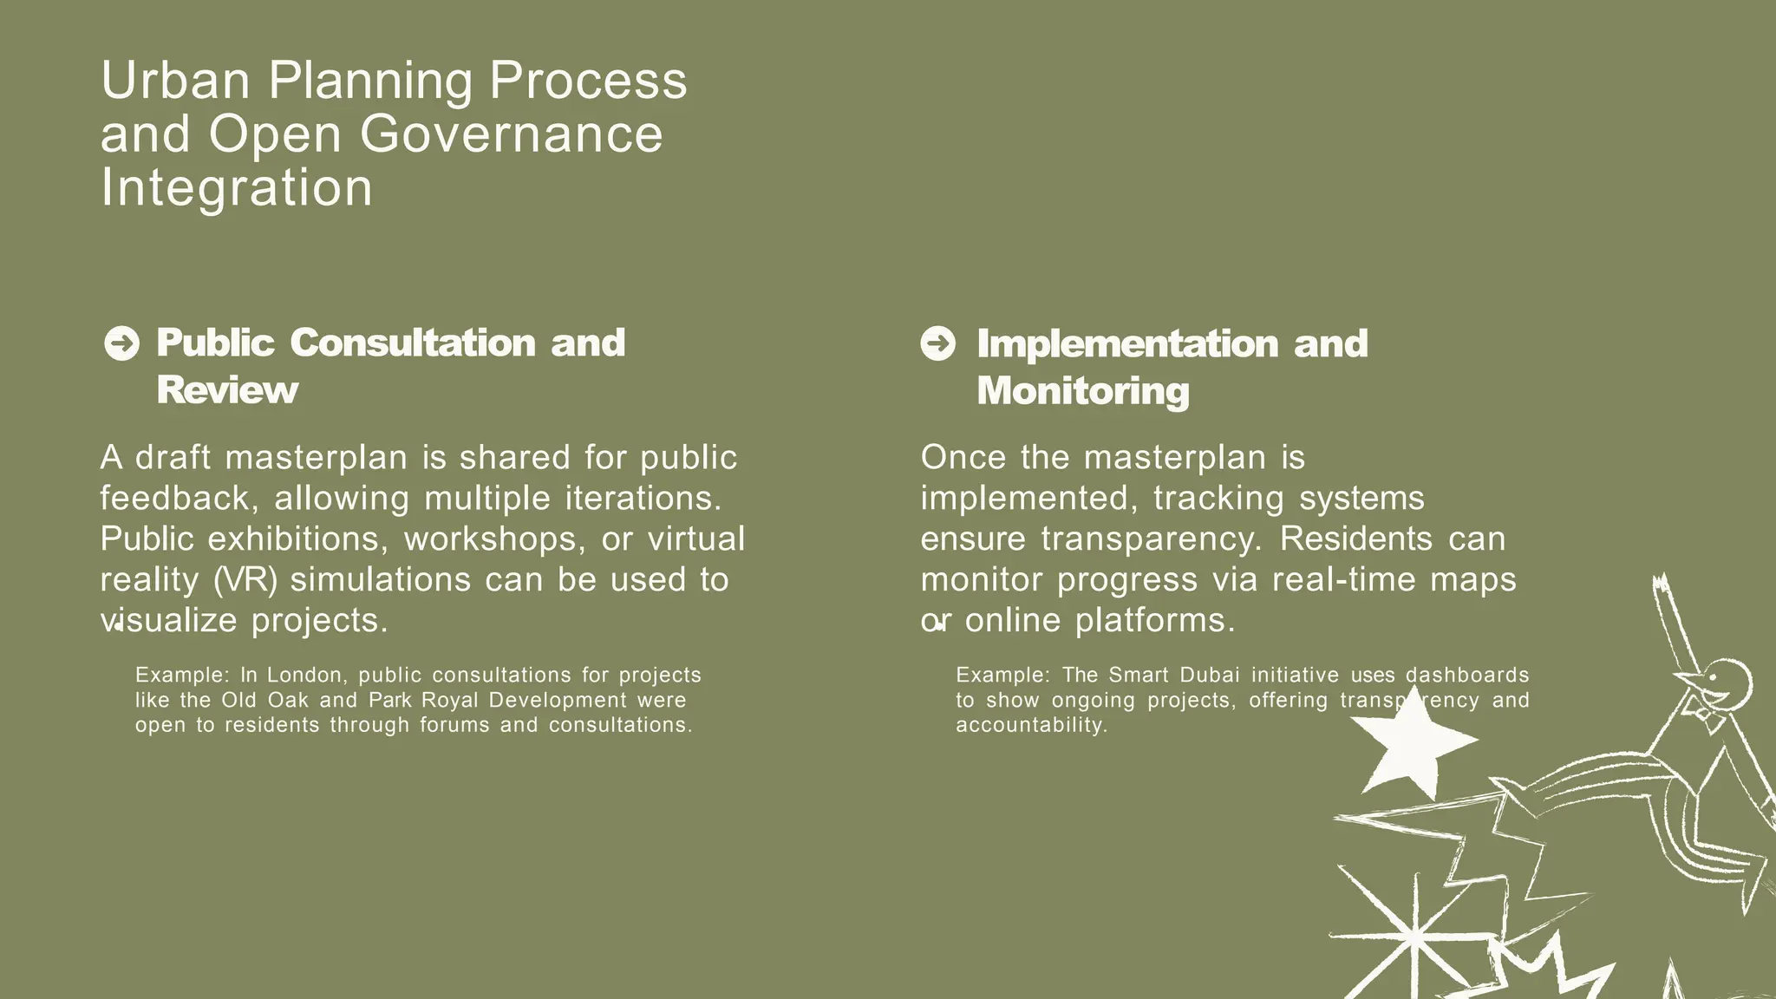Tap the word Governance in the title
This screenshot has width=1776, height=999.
511,134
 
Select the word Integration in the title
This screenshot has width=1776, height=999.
236,187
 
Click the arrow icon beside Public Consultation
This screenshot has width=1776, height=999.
121,343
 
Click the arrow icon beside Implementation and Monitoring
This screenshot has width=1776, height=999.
937,343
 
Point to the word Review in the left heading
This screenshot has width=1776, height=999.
227,390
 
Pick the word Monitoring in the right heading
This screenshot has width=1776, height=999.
1083,391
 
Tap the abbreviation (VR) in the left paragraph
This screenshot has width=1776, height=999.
245,580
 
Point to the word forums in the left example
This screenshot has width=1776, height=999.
456,725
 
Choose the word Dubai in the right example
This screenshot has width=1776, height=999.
1210,675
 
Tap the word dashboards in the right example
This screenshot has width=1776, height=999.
1467,675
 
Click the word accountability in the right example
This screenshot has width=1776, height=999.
1032,725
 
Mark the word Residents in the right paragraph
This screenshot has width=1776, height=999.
1356,539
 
